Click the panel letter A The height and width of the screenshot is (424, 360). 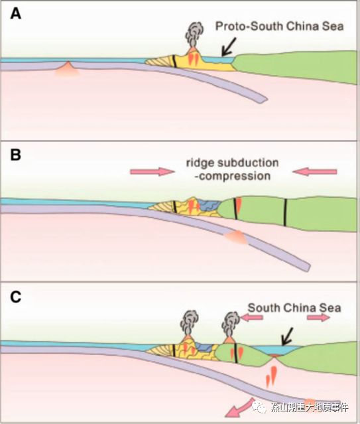(x=16, y=13)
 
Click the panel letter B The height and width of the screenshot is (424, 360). (x=15, y=155)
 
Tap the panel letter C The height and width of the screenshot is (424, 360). (x=16, y=297)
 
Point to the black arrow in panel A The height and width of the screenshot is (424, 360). (x=229, y=47)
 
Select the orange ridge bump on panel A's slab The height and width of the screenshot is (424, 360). (x=68, y=69)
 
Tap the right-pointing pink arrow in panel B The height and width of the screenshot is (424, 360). (x=152, y=171)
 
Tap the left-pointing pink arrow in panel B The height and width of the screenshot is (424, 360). (x=315, y=171)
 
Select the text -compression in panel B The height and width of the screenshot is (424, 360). (x=233, y=176)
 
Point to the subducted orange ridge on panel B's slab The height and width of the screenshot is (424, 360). (x=235, y=238)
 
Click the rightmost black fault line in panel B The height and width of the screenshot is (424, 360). (x=285, y=212)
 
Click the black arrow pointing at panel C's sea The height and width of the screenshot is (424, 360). (x=287, y=336)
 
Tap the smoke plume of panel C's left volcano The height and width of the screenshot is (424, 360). (x=190, y=322)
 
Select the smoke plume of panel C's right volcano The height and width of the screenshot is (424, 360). (x=231, y=324)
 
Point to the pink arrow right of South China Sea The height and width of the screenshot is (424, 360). (x=319, y=317)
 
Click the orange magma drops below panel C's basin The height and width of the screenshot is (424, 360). (x=271, y=376)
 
